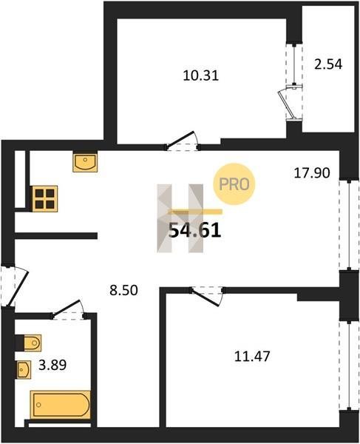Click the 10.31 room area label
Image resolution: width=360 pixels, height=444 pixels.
(x=201, y=75)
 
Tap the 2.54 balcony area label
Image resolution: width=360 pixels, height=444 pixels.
(x=328, y=64)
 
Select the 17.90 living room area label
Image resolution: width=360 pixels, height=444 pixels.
(x=312, y=172)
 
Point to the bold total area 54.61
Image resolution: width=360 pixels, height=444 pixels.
(x=194, y=231)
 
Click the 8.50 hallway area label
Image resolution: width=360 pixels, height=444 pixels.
(x=123, y=290)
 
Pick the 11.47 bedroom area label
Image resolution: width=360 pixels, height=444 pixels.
(x=252, y=356)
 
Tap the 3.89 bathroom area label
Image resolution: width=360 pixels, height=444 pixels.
(x=52, y=365)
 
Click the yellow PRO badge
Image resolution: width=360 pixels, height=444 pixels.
(x=234, y=184)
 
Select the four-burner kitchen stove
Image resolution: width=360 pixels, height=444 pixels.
(x=45, y=198)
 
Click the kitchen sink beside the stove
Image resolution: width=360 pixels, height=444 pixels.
(x=85, y=163)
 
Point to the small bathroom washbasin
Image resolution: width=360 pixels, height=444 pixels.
(x=24, y=369)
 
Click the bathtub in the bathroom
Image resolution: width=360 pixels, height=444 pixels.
(x=61, y=405)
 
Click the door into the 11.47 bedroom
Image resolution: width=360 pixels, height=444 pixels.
(x=207, y=296)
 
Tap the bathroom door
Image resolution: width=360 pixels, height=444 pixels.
(x=68, y=310)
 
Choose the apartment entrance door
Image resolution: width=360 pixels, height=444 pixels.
(x=14, y=286)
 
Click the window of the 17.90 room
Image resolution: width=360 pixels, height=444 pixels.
(x=349, y=225)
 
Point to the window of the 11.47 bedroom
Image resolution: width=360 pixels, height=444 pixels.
(x=349, y=366)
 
